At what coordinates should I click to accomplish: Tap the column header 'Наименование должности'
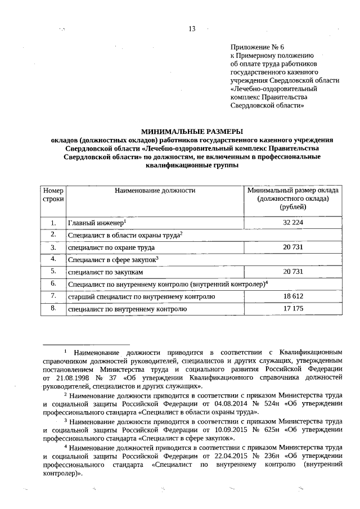155,191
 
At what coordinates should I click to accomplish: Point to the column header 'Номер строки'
53,195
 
